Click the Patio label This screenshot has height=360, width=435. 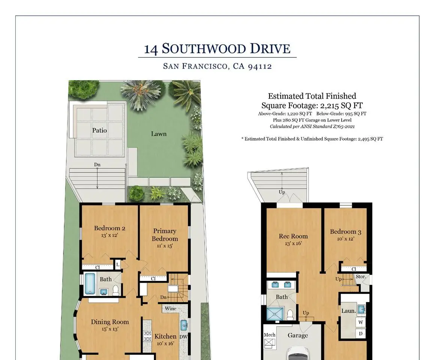[99, 130]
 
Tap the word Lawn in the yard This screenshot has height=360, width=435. [159, 134]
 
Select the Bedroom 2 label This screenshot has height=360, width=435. [110, 228]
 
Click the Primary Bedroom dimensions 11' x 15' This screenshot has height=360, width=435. [165, 246]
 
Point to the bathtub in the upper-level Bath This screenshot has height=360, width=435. [90, 283]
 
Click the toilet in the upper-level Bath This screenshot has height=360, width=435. [116, 290]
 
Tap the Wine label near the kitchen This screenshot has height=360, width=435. [170, 309]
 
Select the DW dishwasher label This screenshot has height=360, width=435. [184, 337]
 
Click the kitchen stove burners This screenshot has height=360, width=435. [148, 336]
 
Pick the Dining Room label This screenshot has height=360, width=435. [110, 322]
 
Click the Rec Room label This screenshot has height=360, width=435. [293, 236]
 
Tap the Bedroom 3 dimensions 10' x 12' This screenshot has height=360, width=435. [345, 239]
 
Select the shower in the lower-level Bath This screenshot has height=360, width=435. [275, 314]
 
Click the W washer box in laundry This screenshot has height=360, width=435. [360, 322]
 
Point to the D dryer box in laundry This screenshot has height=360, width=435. [360, 333]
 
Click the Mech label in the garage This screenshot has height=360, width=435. [269, 335]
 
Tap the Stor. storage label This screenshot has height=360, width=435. [361, 277]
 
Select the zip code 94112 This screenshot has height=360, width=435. [260, 66]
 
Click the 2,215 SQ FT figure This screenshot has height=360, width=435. [341, 106]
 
